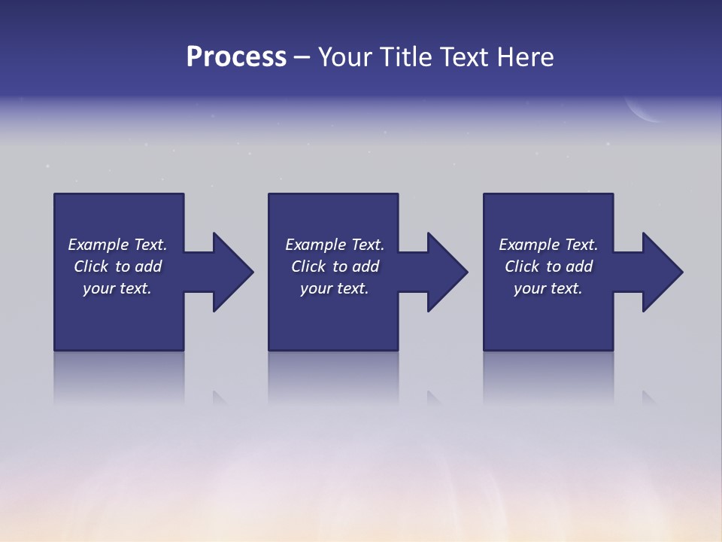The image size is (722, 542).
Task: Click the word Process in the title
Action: pos(236,57)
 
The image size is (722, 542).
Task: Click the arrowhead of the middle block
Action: pos(446,272)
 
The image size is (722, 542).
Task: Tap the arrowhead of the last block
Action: pos(661,272)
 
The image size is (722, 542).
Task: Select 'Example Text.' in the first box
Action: pos(117,245)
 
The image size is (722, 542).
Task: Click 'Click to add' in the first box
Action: pos(117,266)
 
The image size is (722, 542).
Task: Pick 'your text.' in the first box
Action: pos(117,288)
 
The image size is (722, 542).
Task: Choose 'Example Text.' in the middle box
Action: pos(335,245)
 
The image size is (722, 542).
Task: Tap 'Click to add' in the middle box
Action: pos(335,266)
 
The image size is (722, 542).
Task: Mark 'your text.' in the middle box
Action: pos(335,288)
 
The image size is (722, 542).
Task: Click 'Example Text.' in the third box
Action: pos(548,245)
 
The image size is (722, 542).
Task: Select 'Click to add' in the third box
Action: pos(548,266)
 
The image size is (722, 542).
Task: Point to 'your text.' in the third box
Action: pos(548,288)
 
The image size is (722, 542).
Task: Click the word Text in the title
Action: pos(463,57)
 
